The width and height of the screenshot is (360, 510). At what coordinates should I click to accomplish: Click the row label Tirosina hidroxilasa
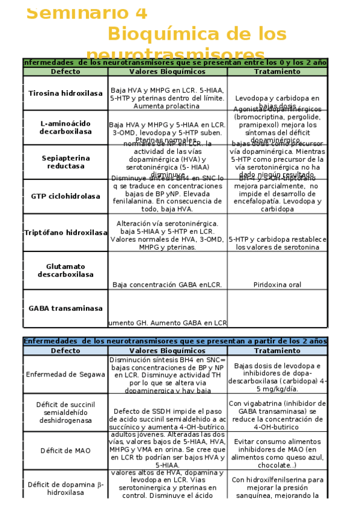click(x=66, y=93)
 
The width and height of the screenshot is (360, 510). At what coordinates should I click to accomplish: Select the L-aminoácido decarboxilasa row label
click(x=66, y=127)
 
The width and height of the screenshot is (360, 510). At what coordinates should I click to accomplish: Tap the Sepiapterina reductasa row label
click(x=66, y=162)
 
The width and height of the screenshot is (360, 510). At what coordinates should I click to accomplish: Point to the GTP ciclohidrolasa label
click(x=66, y=196)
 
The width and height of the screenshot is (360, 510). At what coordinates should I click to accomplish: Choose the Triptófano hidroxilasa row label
click(x=66, y=232)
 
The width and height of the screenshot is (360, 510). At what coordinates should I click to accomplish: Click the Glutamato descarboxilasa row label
click(x=66, y=271)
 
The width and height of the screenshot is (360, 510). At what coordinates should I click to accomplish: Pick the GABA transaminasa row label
click(x=66, y=309)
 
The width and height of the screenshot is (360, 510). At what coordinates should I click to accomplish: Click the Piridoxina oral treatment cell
click(x=277, y=284)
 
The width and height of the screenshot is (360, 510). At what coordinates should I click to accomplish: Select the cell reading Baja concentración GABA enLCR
click(x=167, y=284)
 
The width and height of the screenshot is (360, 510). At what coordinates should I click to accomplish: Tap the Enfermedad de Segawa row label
click(x=66, y=373)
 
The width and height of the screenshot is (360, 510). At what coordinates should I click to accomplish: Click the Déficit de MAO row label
click(x=66, y=450)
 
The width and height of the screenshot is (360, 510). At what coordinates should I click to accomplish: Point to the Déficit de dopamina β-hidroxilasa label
click(x=66, y=487)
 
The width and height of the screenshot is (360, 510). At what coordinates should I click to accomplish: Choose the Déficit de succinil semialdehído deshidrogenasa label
click(x=66, y=412)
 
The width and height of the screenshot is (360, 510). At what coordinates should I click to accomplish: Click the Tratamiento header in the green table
click(x=277, y=72)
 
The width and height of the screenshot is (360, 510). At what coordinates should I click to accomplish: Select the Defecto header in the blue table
click(x=66, y=351)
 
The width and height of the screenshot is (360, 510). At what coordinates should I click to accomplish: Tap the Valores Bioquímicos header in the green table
click(x=167, y=72)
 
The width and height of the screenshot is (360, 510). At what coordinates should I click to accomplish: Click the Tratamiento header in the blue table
click(x=277, y=351)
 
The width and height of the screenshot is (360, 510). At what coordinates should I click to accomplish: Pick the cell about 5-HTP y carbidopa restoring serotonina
click(x=277, y=243)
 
